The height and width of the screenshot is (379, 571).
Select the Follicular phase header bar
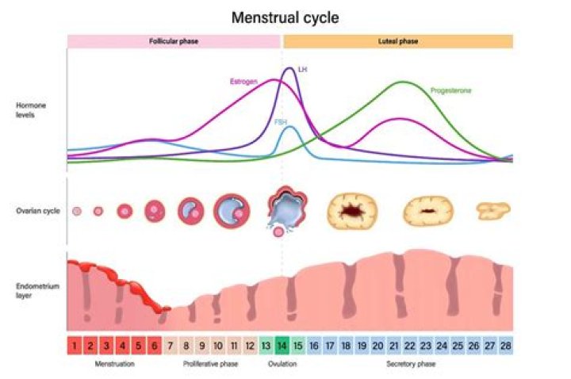coord(174,41)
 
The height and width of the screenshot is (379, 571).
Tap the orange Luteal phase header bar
coord(397,41)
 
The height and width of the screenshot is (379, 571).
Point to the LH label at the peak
coord(301,70)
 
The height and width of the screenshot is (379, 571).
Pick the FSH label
coord(281,122)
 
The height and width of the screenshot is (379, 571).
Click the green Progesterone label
coord(451,91)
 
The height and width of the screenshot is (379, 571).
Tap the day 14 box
coord(282,345)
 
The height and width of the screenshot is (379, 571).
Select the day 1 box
coord(74,345)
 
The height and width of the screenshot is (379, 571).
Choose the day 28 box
coord(505,345)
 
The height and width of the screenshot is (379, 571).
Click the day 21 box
coord(393,345)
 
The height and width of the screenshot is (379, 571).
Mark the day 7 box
coord(170,345)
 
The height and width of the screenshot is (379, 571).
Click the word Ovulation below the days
coord(282,364)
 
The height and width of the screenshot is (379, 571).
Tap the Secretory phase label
coord(409,364)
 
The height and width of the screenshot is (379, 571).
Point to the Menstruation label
coord(114,364)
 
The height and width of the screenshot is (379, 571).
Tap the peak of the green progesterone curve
coord(404,82)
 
